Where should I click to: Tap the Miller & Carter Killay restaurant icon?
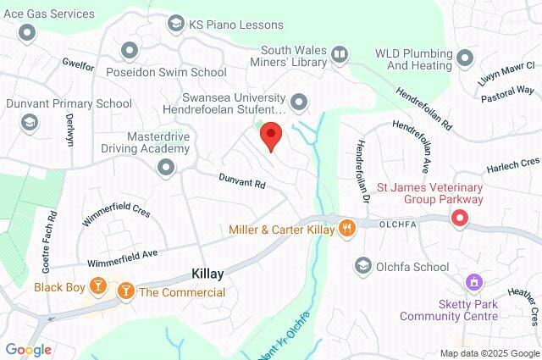(346, 229)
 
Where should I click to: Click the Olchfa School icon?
(363, 267)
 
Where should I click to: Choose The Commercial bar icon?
(126, 292)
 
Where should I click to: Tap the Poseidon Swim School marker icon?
(130, 51)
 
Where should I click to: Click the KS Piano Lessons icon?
(176, 23)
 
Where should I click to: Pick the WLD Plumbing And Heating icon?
(464, 58)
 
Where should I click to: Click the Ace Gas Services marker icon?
(28, 33)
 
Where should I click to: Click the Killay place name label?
(206, 274)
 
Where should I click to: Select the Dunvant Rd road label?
(242, 182)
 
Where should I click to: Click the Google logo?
(28, 349)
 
